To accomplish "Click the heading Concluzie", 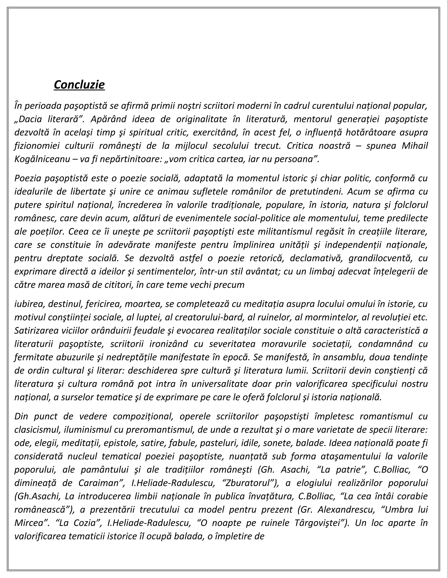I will pyautogui.click(x=79, y=85).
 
